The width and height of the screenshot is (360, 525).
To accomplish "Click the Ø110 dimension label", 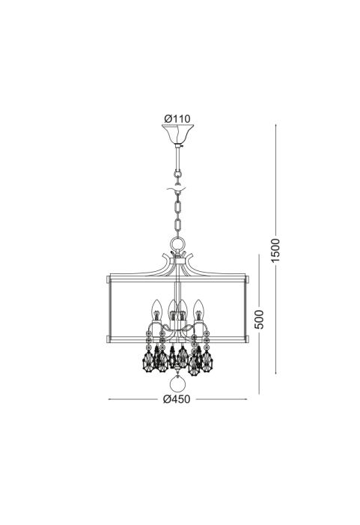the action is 177,118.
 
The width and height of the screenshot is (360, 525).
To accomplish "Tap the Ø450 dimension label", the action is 177,399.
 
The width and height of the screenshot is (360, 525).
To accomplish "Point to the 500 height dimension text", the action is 259,320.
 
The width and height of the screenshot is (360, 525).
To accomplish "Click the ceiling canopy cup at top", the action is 177,134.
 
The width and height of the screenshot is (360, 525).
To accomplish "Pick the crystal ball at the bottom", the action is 177,383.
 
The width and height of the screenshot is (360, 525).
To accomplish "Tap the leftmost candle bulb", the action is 157,310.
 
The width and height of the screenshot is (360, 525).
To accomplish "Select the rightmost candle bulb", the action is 199,310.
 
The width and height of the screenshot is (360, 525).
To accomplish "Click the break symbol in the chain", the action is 177,190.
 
